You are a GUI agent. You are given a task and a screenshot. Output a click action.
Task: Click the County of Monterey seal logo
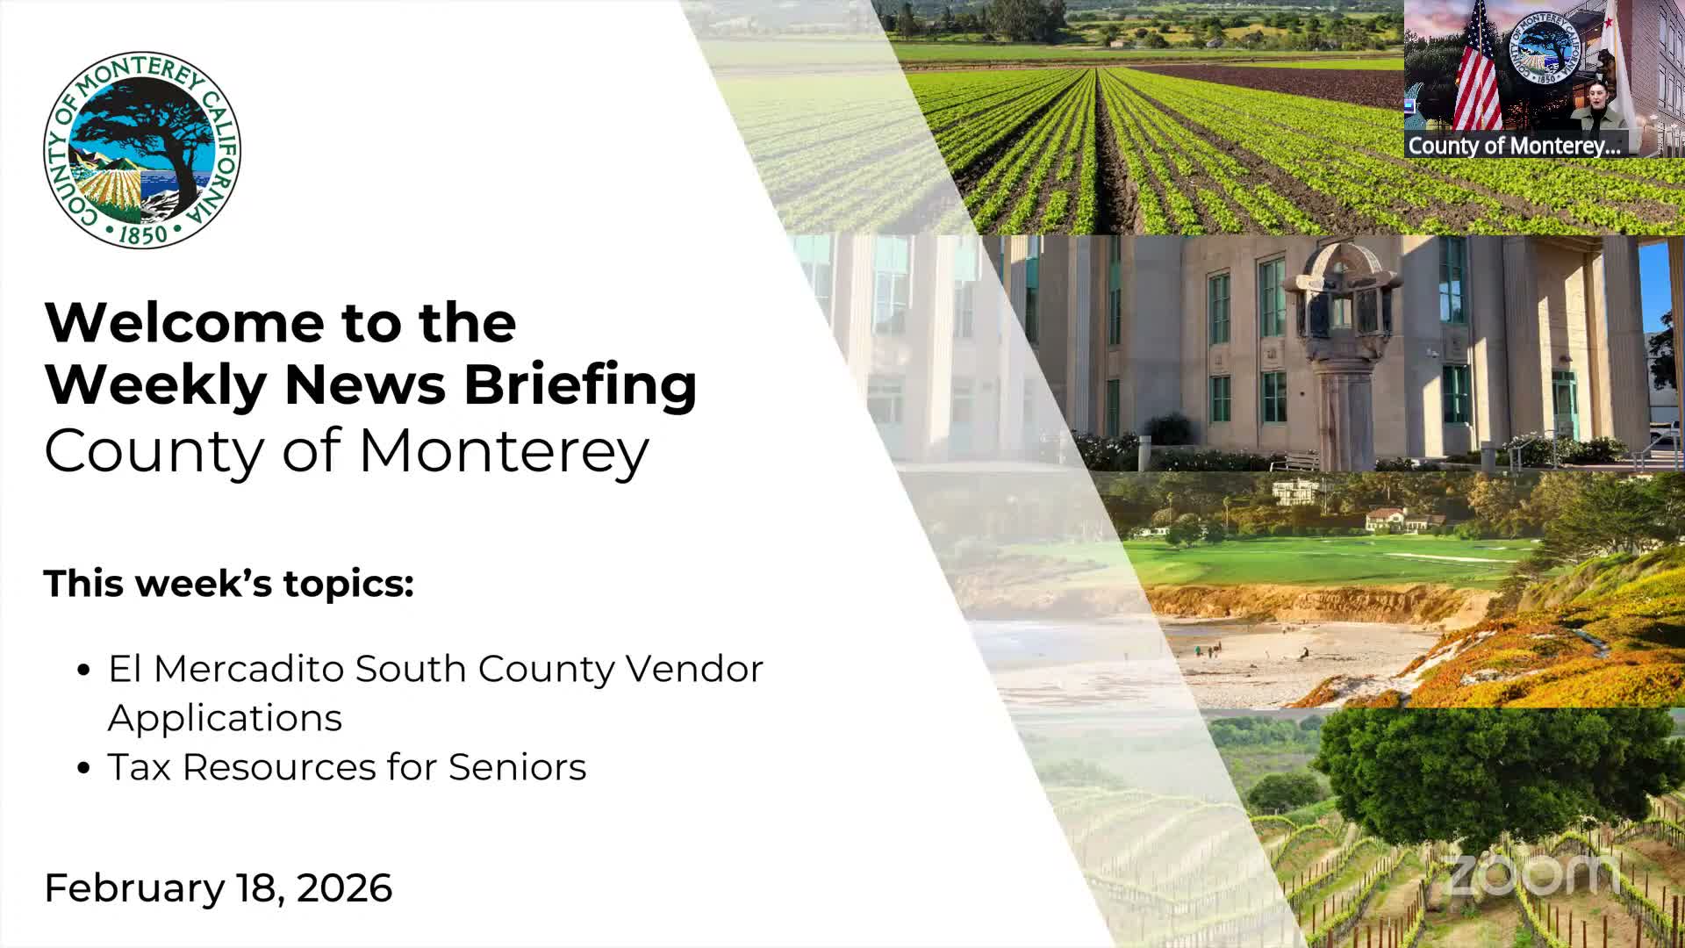click(142, 149)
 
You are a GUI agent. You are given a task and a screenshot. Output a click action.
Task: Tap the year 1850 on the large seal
click(142, 234)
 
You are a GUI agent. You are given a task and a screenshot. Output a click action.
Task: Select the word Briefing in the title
click(580, 385)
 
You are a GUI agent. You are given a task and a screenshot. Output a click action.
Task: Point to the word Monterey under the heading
click(504, 451)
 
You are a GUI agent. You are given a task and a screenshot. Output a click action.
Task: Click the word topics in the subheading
click(348, 584)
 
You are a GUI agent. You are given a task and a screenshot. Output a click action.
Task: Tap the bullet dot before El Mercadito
click(84, 671)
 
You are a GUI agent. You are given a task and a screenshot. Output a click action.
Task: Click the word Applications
click(225, 718)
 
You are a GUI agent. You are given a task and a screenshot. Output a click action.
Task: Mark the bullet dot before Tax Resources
click(84, 769)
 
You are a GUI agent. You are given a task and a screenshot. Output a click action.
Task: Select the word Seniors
click(517, 767)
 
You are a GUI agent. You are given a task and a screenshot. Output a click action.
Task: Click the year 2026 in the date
click(344, 887)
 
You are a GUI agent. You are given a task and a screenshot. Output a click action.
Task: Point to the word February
click(134, 887)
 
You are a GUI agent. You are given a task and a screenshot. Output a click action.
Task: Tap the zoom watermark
click(1531, 873)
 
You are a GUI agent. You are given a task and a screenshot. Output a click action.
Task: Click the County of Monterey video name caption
click(1514, 146)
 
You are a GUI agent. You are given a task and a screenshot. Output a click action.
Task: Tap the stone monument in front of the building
click(1340, 351)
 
